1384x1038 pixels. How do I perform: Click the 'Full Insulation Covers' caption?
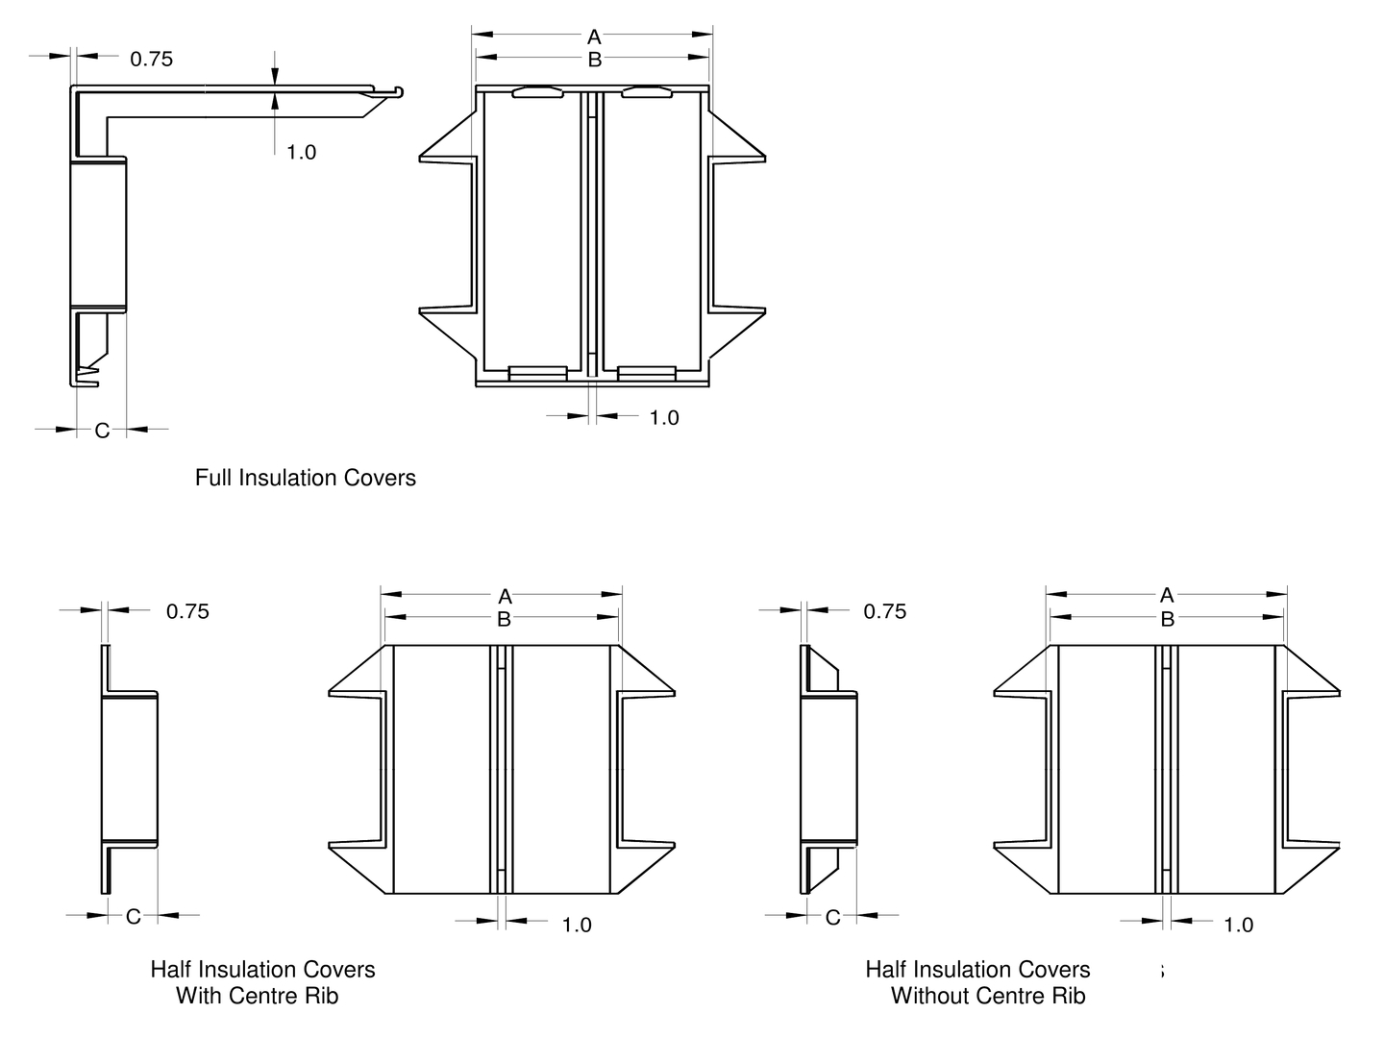(x=306, y=478)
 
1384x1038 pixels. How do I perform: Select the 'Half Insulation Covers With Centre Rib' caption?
(x=261, y=982)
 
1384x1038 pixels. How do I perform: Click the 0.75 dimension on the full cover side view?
(x=152, y=60)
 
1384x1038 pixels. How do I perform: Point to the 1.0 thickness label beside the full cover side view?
(x=301, y=152)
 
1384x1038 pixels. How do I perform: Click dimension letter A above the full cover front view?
(x=594, y=37)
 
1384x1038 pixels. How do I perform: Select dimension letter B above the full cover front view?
(x=594, y=60)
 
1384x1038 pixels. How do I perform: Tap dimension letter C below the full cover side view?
(x=102, y=431)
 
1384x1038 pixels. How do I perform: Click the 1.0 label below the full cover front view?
(x=664, y=417)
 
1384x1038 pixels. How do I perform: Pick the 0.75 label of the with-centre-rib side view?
(x=187, y=611)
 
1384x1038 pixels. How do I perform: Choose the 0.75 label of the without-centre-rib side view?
(x=885, y=611)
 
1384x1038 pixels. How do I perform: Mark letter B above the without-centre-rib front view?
(x=1167, y=620)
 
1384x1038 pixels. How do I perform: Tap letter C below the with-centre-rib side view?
(x=134, y=917)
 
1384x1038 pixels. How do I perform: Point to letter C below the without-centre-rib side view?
(x=833, y=918)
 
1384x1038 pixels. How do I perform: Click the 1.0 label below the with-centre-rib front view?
(x=577, y=925)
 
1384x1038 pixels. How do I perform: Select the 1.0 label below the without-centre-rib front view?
(x=1239, y=925)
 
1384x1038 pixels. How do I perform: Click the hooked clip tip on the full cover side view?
(x=398, y=92)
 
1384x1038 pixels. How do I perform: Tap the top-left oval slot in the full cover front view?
(x=537, y=92)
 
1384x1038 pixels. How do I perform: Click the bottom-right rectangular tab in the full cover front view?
(x=648, y=373)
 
